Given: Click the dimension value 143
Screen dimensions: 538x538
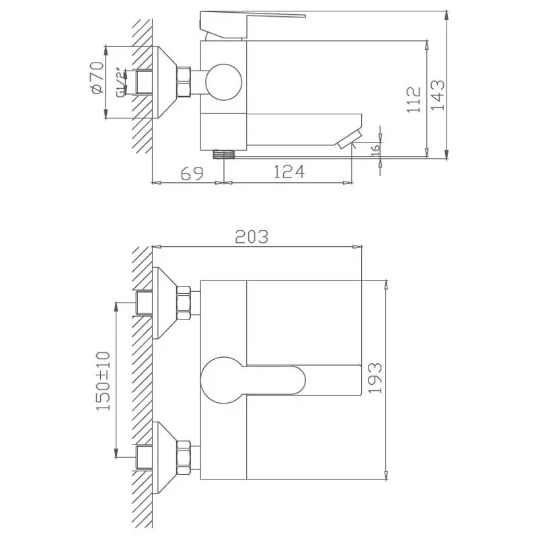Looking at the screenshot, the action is [x=438, y=95].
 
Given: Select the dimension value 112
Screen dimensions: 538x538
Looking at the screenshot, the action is [x=414, y=100].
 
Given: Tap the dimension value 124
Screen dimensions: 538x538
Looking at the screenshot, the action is [x=289, y=172].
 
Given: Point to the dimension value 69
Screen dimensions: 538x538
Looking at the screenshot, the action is [x=192, y=174].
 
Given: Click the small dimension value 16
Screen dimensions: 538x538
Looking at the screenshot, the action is [x=376, y=149].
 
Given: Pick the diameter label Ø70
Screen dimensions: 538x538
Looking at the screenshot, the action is [x=95, y=77].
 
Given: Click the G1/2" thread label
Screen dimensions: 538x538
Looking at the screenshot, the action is [x=120, y=84].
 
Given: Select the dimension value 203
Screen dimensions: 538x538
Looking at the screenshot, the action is [x=252, y=237].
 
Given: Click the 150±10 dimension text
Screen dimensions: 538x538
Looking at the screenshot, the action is [x=103, y=381].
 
